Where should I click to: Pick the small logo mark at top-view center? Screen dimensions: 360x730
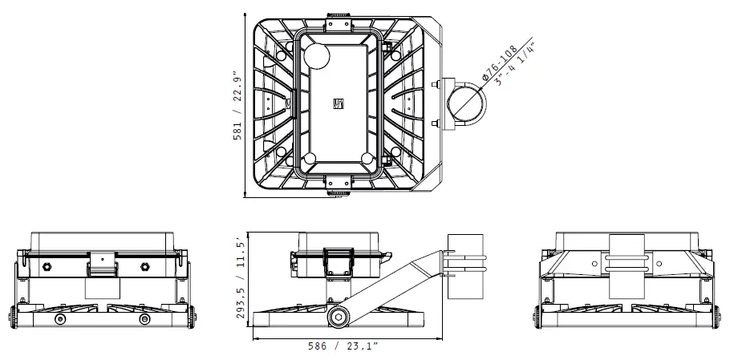click(x=338, y=103)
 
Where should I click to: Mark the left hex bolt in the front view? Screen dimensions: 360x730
click(x=47, y=265)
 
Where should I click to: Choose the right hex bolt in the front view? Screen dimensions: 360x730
click(x=144, y=265)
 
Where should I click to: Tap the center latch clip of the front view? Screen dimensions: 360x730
click(x=100, y=264)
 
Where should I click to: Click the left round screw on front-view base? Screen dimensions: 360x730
click(x=60, y=319)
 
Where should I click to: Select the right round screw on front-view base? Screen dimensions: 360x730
click(x=145, y=319)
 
